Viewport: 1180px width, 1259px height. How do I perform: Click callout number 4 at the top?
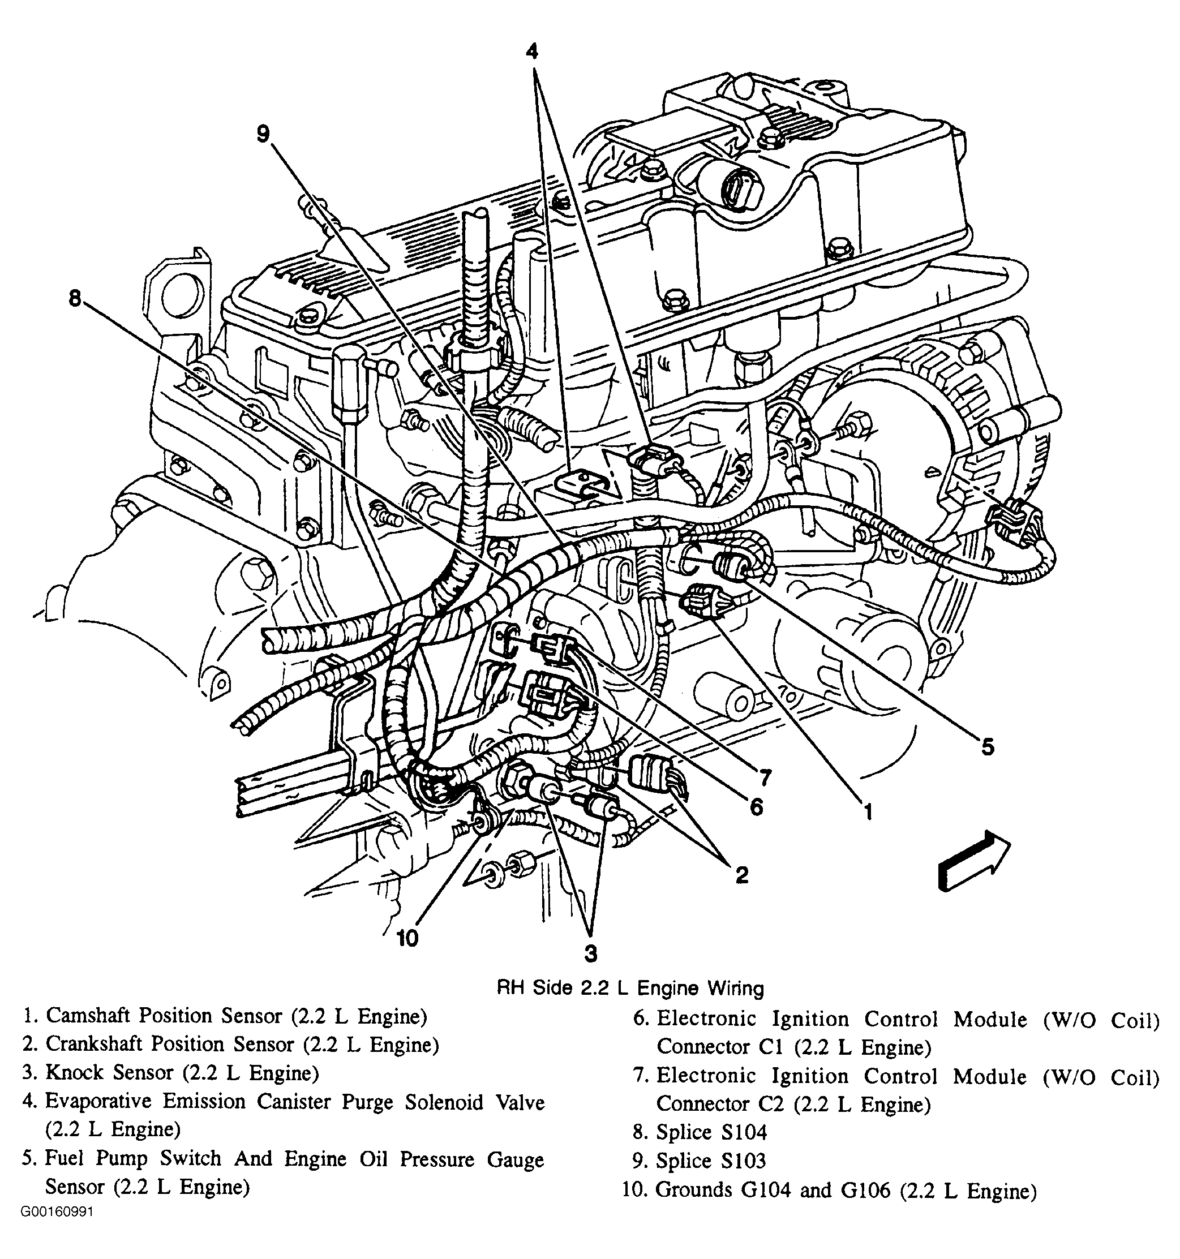coord(532,51)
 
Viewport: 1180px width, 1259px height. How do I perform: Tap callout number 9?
coord(264,134)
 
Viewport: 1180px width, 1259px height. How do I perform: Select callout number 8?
coord(75,298)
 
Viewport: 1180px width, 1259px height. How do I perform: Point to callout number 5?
coord(988,747)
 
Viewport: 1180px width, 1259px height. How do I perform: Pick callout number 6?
coord(756,806)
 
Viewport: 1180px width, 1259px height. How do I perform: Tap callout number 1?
coord(868,811)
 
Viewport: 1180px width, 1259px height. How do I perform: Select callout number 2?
coord(741,875)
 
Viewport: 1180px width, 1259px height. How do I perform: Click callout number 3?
coord(590,953)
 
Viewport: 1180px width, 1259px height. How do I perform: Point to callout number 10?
coord(407,938)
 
